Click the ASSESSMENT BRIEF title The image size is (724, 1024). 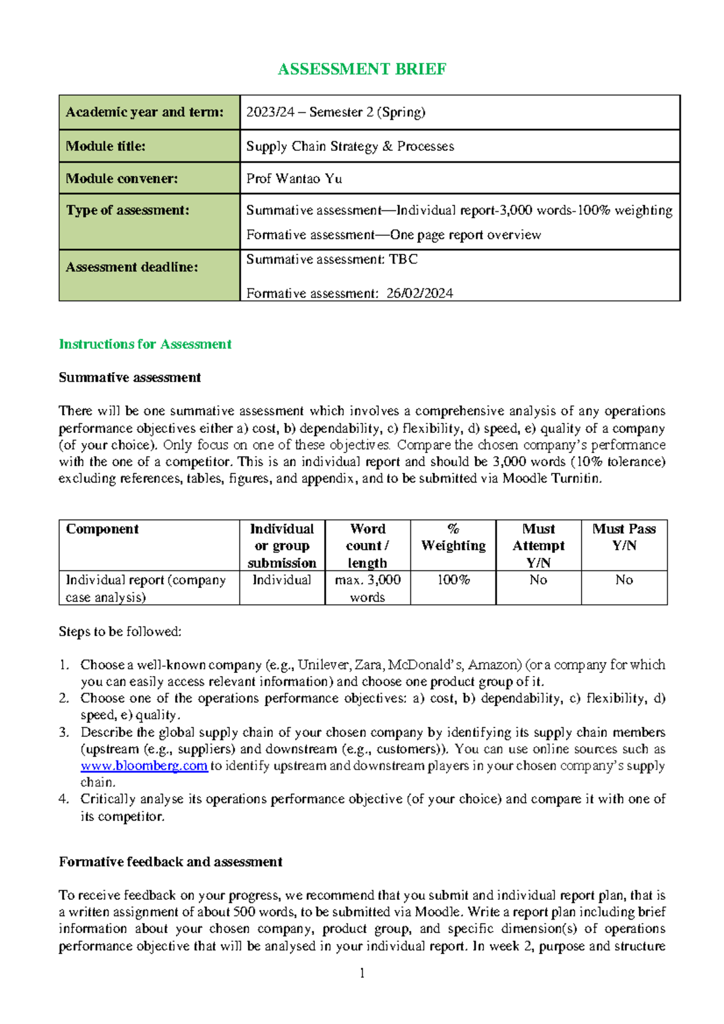361,69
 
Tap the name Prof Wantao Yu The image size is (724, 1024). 294,179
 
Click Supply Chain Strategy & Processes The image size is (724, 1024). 350,147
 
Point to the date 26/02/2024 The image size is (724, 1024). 419,294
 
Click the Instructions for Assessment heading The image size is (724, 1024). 145,344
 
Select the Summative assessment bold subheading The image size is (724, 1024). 130,378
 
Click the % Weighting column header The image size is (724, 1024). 453,537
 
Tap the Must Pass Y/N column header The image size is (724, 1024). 624,537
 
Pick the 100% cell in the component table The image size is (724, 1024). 453,580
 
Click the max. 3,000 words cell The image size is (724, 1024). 367,588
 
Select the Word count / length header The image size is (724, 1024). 367,545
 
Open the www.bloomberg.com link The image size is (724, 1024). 144,766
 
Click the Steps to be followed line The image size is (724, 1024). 120,631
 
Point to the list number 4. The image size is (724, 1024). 63,799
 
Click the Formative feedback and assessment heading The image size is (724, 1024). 171,862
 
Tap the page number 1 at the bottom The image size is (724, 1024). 362,973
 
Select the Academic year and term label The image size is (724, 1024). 144,112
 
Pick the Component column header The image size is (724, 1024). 103,529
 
